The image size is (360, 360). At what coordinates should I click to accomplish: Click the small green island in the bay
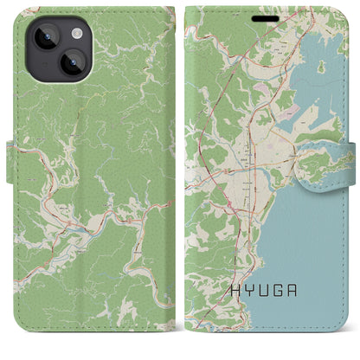click(322, 66)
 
